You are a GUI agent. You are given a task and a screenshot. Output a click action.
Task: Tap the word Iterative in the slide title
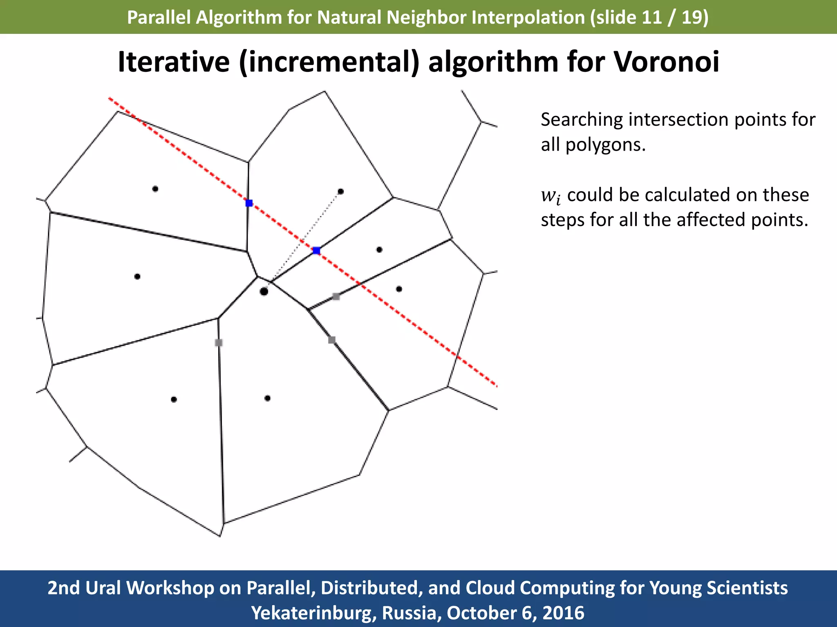point(174,62)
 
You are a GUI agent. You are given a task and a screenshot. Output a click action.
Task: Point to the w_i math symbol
point(551,196)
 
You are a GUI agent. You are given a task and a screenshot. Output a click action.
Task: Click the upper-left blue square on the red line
point(249,203)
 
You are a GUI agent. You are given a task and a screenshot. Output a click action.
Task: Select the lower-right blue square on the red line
point(316,250)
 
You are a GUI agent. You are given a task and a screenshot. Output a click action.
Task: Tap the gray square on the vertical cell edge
point(219,342)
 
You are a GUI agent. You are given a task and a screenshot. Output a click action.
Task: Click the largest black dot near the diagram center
point(264,291)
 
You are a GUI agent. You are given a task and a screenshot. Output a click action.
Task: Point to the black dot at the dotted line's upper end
point(341,191)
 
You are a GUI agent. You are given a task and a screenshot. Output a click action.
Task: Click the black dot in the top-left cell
point(155,189)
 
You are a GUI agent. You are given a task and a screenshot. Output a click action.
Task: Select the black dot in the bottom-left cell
point(174,399)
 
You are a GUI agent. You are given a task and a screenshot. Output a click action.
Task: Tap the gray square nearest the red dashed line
point(336,296)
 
